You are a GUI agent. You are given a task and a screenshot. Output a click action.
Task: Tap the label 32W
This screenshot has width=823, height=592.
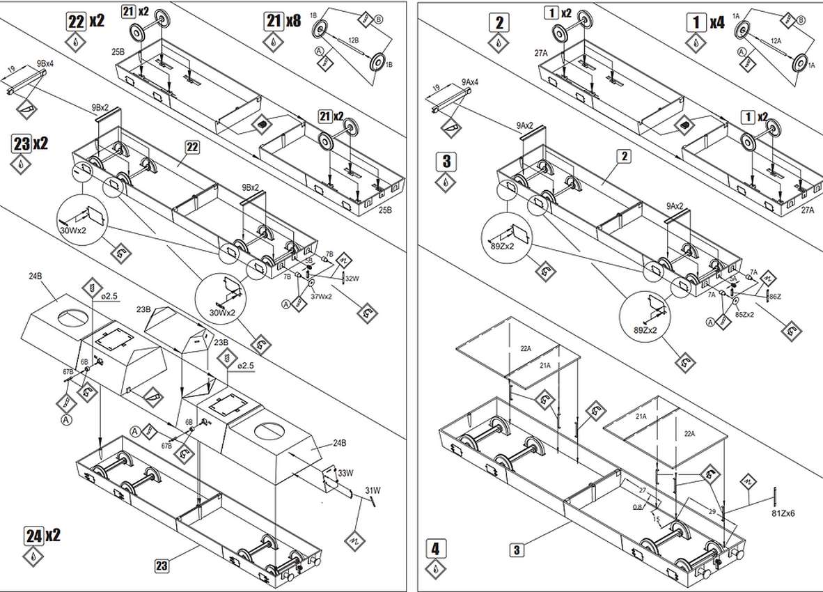[x=352, y=279]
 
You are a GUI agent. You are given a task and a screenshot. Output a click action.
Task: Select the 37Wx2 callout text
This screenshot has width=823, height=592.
[x=322, y=296]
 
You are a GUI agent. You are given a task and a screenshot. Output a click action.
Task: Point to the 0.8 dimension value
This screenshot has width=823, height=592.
[x=638, y=506]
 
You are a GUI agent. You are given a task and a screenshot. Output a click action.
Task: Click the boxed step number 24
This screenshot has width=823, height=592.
[x=33, y=536]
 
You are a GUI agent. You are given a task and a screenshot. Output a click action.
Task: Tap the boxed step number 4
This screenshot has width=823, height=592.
[x=435, y=548]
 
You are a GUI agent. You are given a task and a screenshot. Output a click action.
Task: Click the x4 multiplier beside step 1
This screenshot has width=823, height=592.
[x=717, y=22]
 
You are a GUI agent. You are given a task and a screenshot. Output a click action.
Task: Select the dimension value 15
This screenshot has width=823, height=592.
[x=657, y=519]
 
